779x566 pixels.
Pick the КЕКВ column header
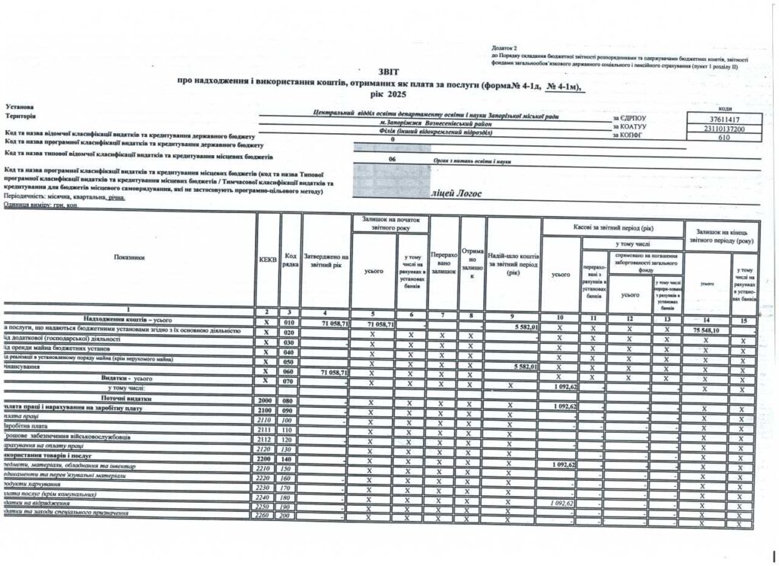click(267, 259)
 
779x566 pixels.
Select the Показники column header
click(129, 257)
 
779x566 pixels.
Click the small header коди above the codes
click(723, 109)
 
